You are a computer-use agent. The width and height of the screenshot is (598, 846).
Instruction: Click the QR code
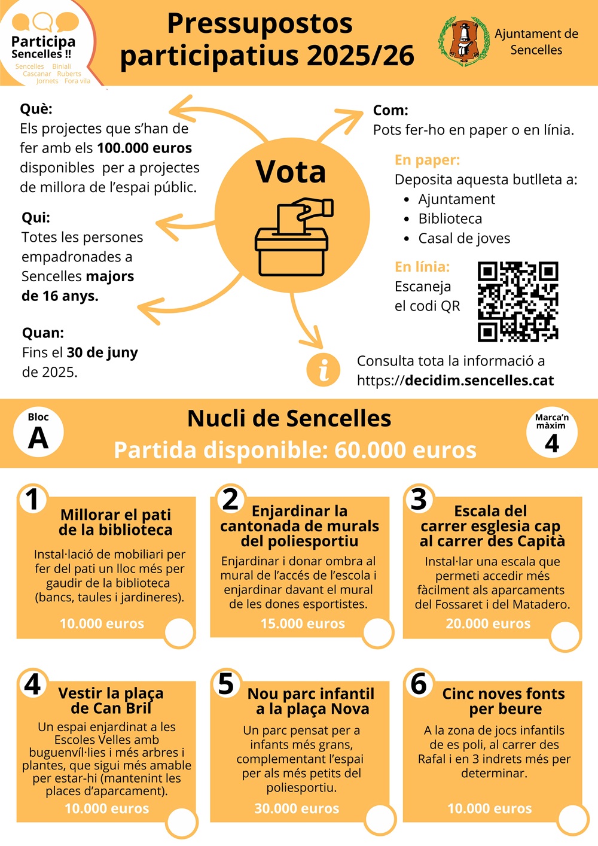518,302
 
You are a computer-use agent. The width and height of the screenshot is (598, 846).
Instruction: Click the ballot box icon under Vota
292,237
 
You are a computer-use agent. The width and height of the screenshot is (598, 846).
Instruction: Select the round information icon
323,369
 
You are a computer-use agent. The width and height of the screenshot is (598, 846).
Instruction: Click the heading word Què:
36,109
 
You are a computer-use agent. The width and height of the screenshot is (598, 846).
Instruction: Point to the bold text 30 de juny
102,352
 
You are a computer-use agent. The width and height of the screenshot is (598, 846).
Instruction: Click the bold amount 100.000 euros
144,148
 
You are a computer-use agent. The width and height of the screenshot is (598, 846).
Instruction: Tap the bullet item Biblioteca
450,218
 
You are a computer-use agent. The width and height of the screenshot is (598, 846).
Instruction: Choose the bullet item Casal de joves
464,238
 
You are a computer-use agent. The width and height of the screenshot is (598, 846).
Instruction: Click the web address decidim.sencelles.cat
479,381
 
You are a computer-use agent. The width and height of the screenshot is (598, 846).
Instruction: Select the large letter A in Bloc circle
38,438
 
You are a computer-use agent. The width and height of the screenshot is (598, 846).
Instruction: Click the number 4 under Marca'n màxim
551,443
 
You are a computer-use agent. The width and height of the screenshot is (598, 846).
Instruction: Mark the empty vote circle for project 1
179,633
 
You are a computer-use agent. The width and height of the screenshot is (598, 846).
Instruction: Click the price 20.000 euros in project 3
488,623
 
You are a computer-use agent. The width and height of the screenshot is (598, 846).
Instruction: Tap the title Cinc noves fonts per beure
504,701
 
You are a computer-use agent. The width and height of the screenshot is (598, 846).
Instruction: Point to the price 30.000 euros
297,808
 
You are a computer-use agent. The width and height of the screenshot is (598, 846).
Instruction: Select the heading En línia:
422,266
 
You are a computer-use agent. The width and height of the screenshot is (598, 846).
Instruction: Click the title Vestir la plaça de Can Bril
111,701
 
